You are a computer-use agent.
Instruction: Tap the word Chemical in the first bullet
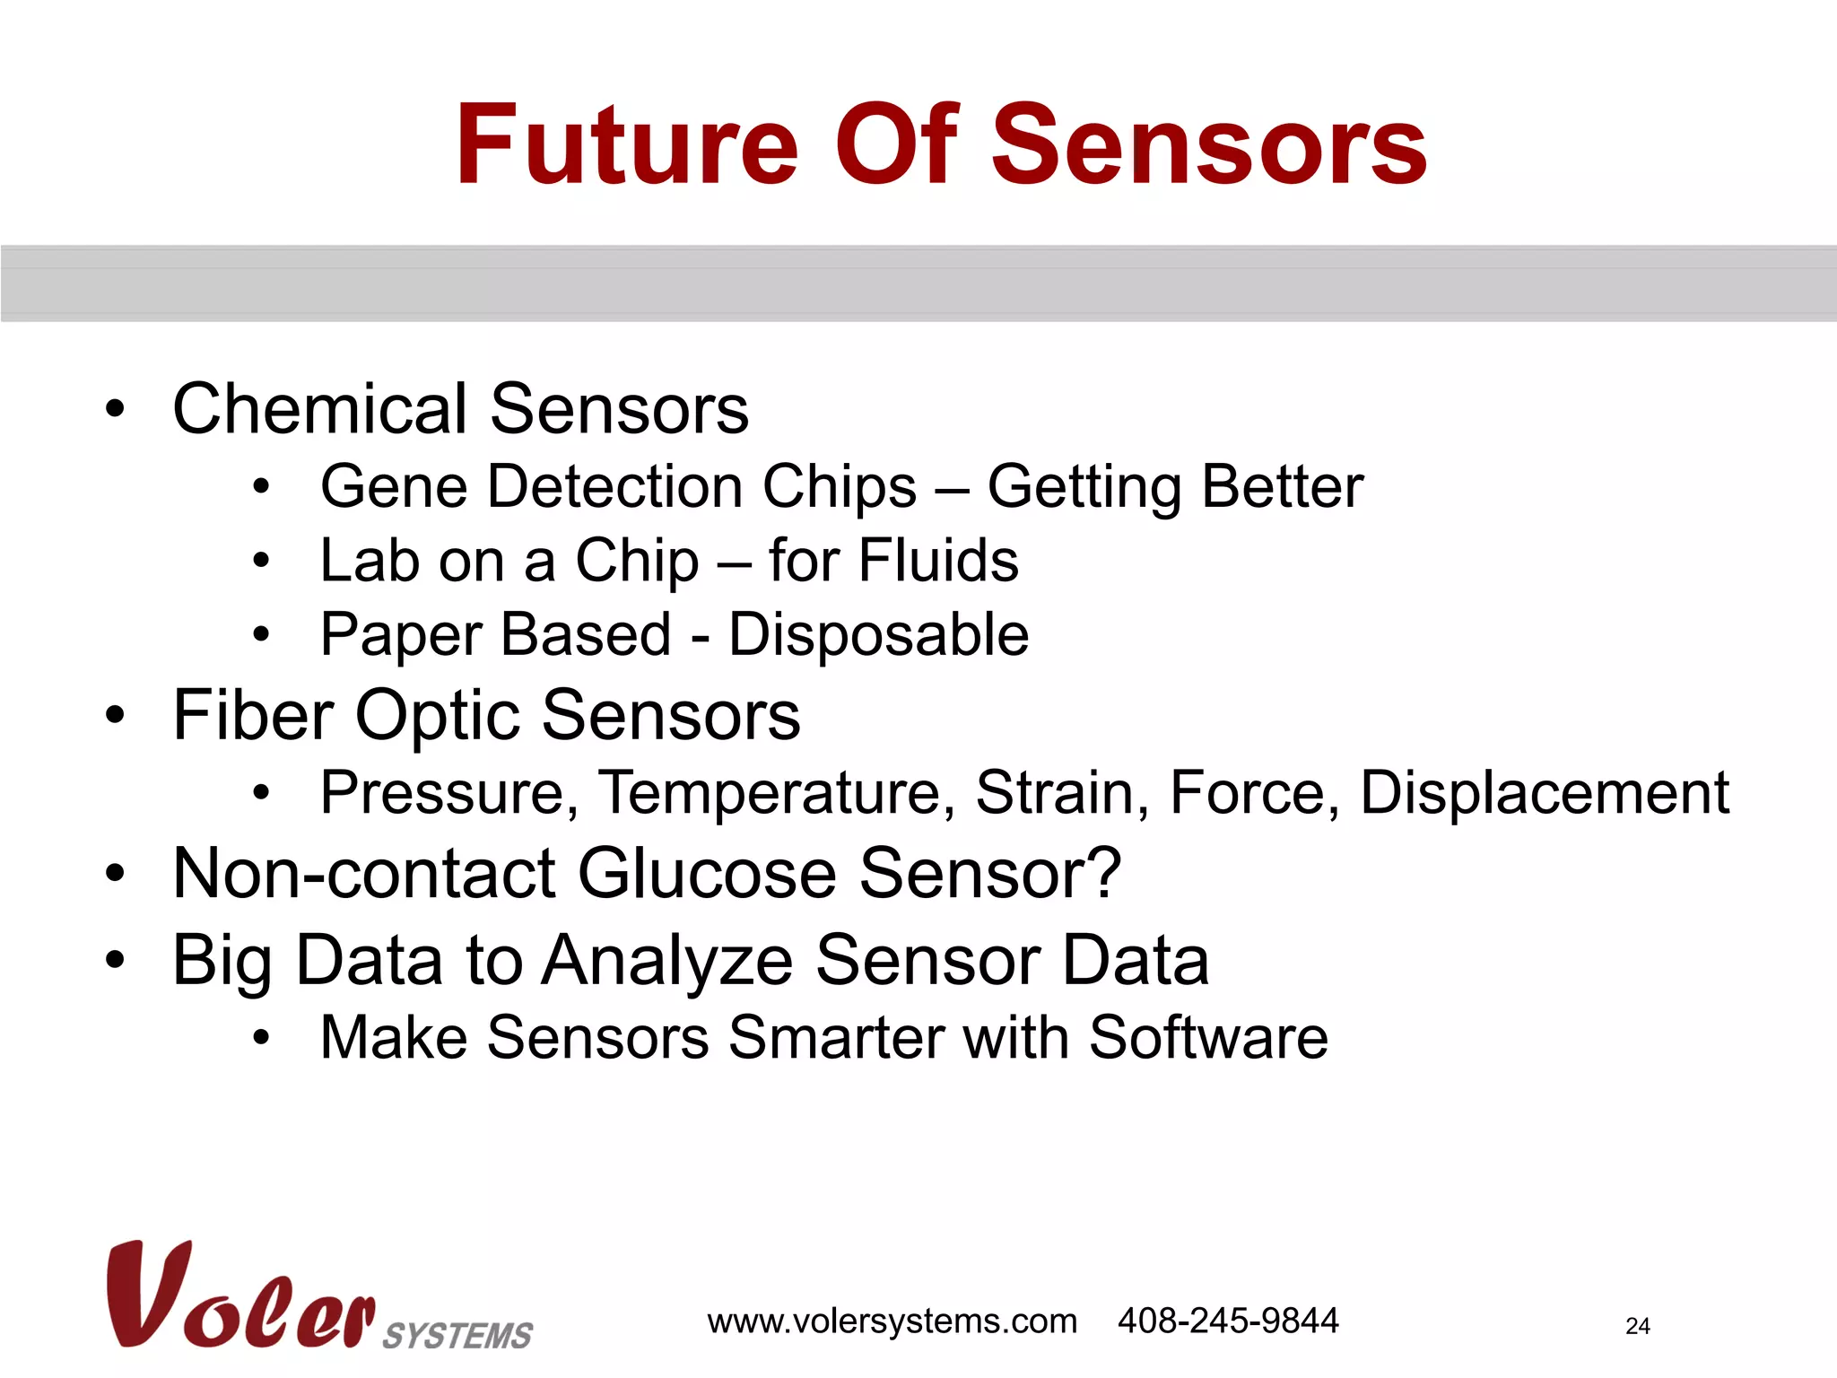(x=319, y=409)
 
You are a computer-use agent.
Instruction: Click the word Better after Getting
(x=1282, y=487)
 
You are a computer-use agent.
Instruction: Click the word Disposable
(x=878, y=635)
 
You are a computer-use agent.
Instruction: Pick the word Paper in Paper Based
(x=401, y=635)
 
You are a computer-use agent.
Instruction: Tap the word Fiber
(x=253, y=715)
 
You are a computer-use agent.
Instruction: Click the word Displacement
(x=1544, y=793)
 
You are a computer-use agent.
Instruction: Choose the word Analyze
(x=667, y=961)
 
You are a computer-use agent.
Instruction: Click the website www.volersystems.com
(x=892, y=1321)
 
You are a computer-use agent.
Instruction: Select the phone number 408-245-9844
(x=1227, y=1321)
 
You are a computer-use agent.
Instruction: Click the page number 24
(x=1637, y=1326)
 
